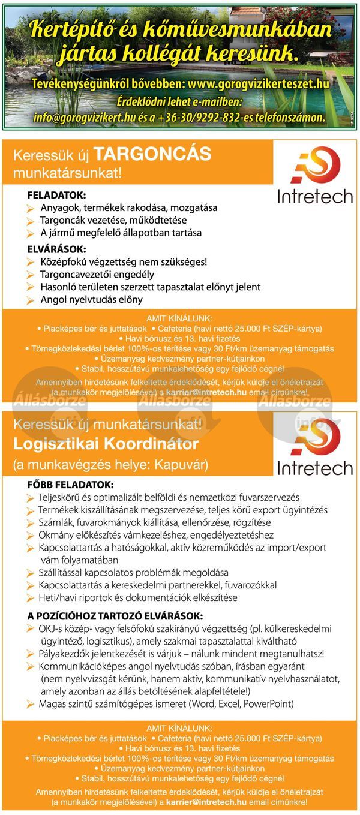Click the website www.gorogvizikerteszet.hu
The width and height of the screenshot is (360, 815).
click(x=258, y=83)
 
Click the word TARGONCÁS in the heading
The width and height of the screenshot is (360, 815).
click(x=152, y=155)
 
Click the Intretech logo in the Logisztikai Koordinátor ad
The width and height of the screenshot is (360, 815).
click(x=314, y=447)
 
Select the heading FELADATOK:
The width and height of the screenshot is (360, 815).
click(x=56, y=196)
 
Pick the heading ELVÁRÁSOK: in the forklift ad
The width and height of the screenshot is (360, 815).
click(x=56, y=248)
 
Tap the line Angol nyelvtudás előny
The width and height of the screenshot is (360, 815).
click(x=91, y=300)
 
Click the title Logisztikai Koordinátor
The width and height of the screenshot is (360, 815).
click(x=106, y=444)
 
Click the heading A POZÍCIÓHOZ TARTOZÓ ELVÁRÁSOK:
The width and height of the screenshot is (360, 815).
click(x=115, y=616)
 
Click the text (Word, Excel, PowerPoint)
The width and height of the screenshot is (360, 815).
click(x=241, y=703)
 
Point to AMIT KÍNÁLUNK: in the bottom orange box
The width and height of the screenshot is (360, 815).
click(x=179, y=727)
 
